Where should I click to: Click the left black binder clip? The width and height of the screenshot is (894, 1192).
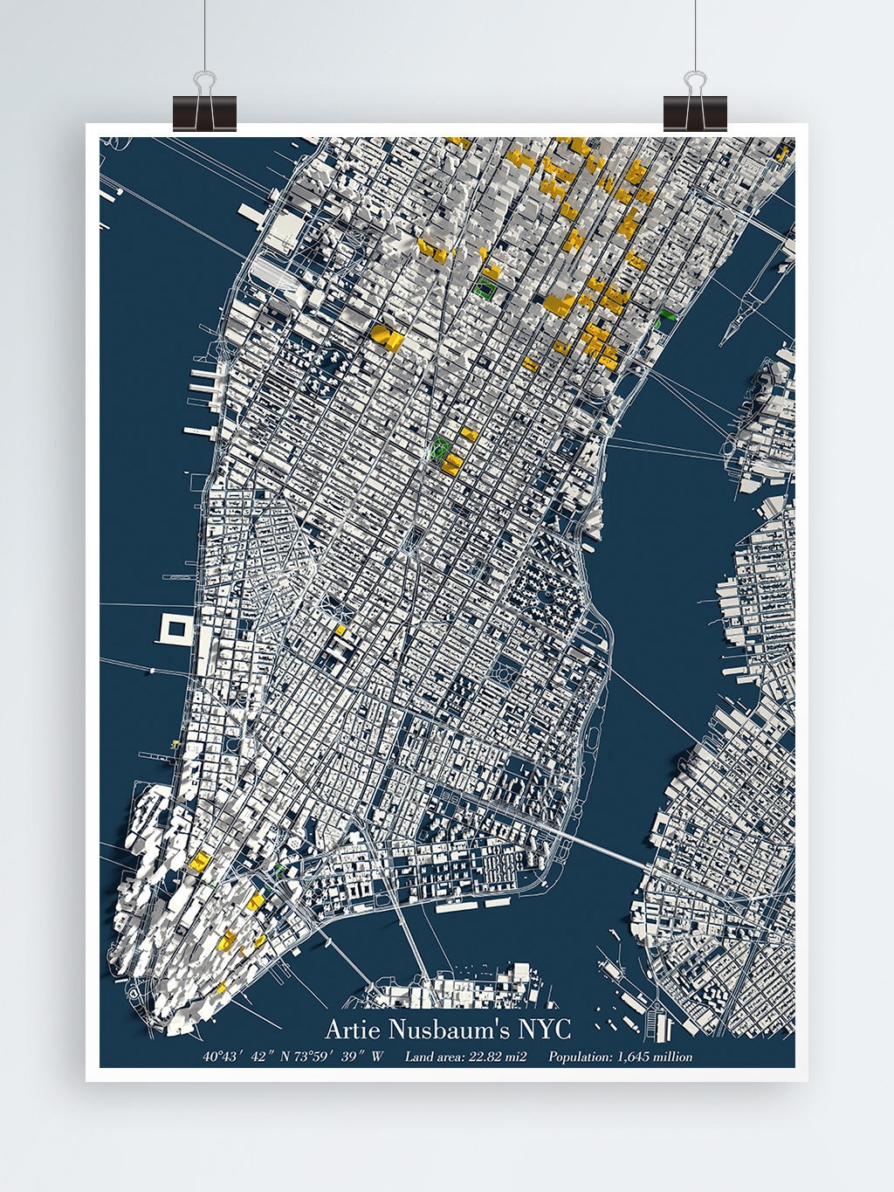(x=204, y=109)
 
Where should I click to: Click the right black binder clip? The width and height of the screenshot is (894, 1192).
(x=695, y=109)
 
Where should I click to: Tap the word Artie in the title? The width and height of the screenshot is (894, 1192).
(x=353, y=1030)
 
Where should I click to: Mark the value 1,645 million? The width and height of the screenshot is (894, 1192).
(x=655, y=1057)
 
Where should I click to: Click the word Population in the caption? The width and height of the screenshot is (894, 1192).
(x=580, y=1057)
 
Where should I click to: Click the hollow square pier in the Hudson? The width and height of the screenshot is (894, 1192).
(x=174, y=628)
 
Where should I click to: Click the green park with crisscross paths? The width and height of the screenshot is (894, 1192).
(x=440, y=449)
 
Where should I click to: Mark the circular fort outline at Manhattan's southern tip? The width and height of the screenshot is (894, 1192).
(x=133, y=995)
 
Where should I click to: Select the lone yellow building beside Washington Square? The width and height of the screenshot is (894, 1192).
(x=340, y=629)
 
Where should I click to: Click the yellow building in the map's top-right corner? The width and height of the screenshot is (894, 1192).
(x=782, y=154)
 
